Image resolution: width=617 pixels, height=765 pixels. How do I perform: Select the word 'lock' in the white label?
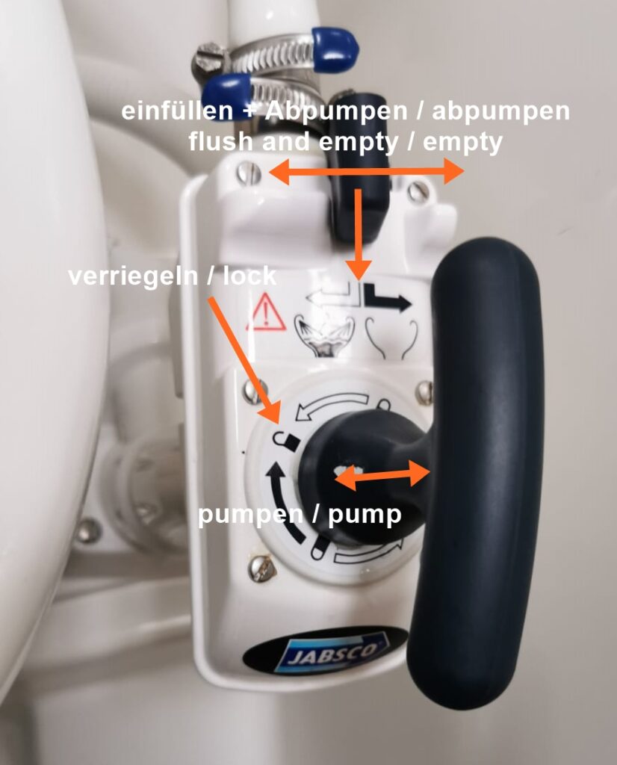[x=249, y=276]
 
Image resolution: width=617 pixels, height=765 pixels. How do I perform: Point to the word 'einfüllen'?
[x=178, y=112]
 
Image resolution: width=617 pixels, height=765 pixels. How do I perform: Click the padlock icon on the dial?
[x=286, y=442]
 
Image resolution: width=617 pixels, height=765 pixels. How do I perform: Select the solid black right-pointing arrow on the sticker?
[x=388, y=297]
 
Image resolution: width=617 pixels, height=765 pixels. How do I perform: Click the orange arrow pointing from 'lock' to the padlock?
[x=244, y=360]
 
